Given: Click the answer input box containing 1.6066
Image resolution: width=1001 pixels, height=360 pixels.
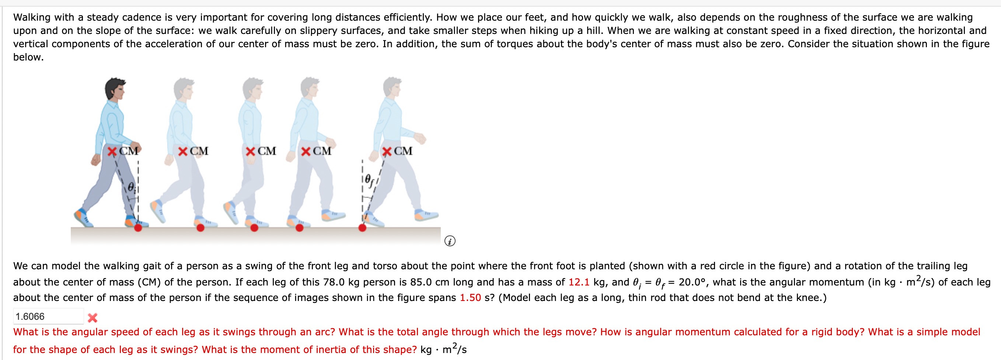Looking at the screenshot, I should click(48, 316).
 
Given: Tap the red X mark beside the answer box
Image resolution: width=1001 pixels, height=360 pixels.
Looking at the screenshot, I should click(93, 318).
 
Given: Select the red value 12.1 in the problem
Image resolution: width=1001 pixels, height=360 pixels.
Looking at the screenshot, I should click(579, 282).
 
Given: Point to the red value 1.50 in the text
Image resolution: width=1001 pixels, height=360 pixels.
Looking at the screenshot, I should click(470, 298).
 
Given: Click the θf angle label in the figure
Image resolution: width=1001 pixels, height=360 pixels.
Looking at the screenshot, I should click(369, 180).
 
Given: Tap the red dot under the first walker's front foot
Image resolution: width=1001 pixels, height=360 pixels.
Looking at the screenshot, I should click(138, 228).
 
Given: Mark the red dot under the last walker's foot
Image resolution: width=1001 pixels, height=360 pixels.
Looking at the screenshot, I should click(362, 228).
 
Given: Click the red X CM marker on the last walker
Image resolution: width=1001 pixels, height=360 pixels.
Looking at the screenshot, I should click(387, 151).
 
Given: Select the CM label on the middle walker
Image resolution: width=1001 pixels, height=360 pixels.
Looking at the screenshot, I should click(266, 151).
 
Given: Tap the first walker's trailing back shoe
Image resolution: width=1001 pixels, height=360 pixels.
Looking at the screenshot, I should click(82, 217).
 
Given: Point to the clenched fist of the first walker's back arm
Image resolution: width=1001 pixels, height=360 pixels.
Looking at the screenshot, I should click(95, 159).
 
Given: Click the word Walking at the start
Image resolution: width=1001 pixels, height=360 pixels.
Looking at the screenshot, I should click(32, 17).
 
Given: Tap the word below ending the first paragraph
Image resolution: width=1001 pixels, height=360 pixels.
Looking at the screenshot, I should click(28, 57).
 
